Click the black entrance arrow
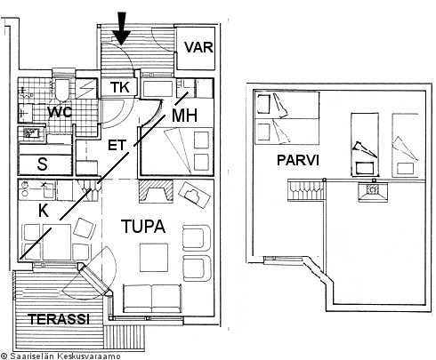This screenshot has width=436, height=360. coord(122,28)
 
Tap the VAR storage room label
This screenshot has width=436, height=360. coord(198,47)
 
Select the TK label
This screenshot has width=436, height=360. coord(119,87)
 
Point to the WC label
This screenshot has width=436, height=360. coord(60,112)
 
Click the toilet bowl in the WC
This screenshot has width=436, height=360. coord(61,90)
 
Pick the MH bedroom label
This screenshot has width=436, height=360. coord(184,116)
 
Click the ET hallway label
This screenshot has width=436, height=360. coord(117,145)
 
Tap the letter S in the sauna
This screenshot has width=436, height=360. coord(43,164)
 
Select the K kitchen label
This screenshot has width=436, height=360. coord(44,211)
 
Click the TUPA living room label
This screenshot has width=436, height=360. coord(143,227)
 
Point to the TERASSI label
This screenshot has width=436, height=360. coord(59,319)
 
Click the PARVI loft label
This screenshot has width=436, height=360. coord(298,160)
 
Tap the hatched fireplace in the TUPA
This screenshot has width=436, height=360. coord(156,191)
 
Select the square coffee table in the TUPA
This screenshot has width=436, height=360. coord(154,258)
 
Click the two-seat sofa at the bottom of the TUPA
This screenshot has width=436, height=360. coord(152,299)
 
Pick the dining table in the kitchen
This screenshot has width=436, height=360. coord(57,242)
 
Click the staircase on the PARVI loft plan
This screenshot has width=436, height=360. coord(305,191)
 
